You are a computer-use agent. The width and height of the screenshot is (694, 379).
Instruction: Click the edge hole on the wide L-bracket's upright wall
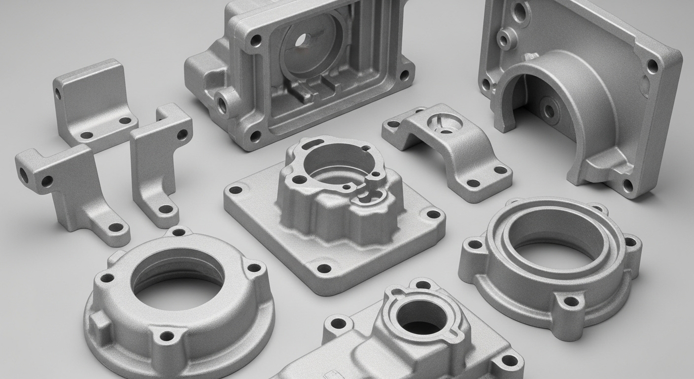(58, 94)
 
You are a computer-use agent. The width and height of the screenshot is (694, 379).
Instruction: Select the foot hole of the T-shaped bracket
(116, 227)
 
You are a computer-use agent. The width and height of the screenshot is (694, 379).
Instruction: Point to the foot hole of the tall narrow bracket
(166, 209)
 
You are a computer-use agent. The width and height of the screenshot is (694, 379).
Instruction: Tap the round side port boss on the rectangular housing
(223, 103)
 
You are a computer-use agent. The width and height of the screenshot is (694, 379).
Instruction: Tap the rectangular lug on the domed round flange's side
(100, 326)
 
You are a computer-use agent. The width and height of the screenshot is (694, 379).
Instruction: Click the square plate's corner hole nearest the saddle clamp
(433, 214)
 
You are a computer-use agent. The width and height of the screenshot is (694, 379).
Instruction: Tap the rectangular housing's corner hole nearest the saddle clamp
(404, 76)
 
